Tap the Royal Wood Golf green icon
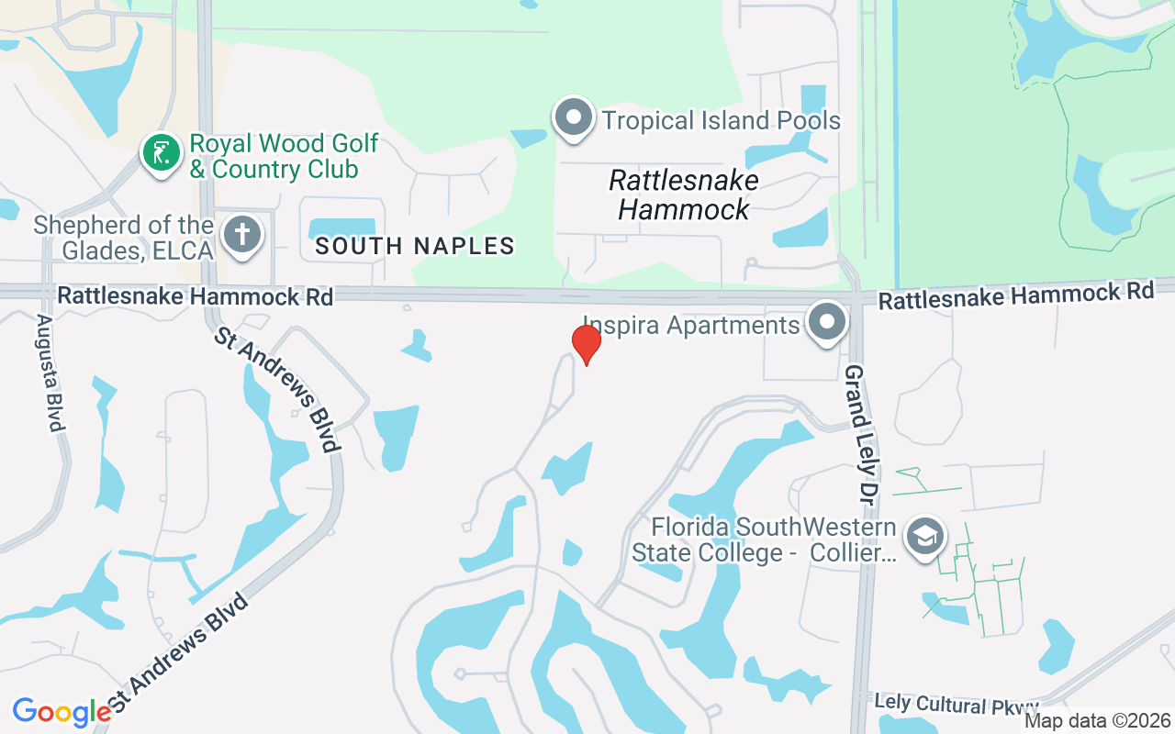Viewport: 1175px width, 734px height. point(162,152)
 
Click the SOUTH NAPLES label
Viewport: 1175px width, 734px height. point(415,246)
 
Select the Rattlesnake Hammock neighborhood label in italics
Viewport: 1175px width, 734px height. point(684,194)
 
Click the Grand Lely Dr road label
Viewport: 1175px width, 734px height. point(857,434)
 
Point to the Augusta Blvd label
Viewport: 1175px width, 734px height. point(50,373)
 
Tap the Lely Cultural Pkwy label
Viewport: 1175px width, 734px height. point(956,704)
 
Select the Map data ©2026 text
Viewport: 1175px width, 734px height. point(1097,720)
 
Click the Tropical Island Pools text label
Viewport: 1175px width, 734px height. point(721,120)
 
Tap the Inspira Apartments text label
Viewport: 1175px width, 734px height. point(691,326)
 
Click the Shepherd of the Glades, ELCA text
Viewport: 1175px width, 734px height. point(124,237)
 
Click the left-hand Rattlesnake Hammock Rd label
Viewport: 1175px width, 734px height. point(195,296)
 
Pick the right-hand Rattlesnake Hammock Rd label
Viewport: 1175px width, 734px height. point(1015,296)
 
